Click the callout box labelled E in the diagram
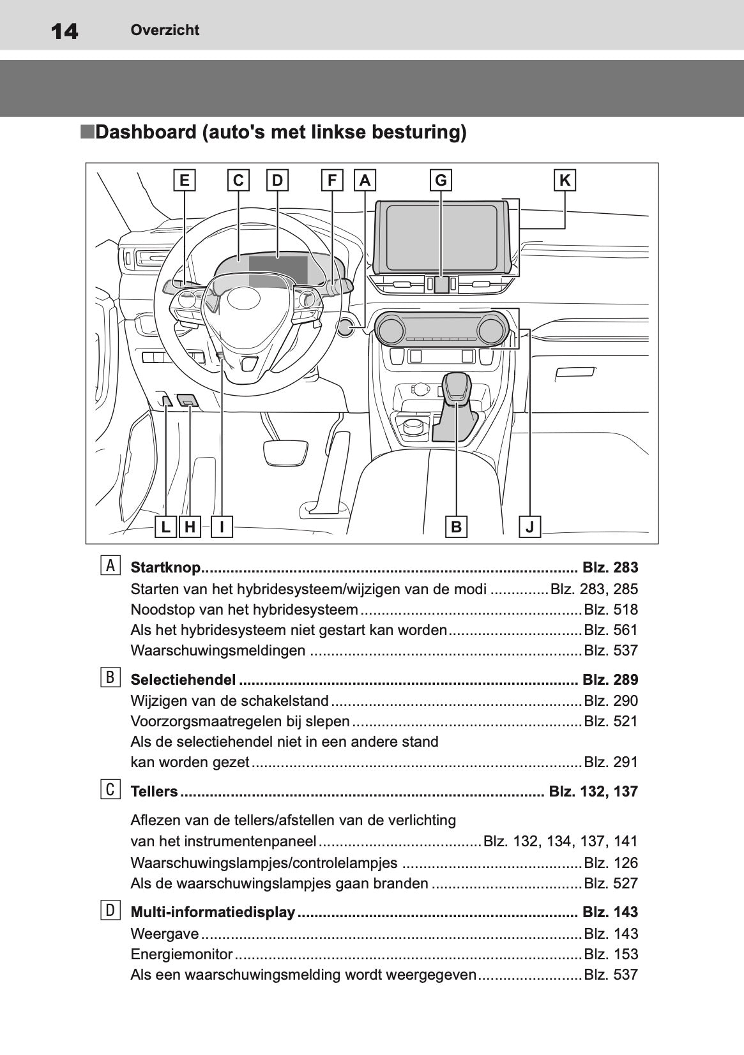[184, 181]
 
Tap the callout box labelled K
[565, 181]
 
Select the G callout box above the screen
[441, 181]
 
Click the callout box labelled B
[456, 526]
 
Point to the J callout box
[529, 526]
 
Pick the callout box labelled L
[166, 526]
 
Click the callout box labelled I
[222, 526]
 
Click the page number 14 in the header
[64, 31]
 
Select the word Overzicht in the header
[165, 30]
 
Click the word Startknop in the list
[165, 567]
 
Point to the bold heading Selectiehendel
[183, 680]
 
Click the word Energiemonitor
[181, 954]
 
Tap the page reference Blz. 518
[611, 610]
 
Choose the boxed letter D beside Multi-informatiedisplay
[110, 910]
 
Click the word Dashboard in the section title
[146, 132]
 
